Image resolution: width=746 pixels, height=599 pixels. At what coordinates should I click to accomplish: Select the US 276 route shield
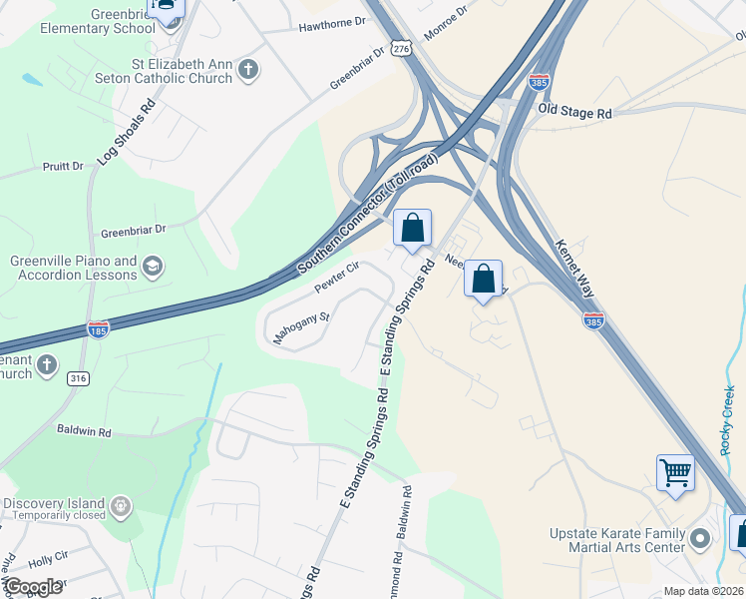(400, 48)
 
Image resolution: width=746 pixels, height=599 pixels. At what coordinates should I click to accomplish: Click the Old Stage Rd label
(574, 114)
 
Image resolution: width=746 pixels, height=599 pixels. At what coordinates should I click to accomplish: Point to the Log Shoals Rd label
(126, 131)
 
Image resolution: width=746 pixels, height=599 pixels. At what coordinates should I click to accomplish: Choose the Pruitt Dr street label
(64, 167)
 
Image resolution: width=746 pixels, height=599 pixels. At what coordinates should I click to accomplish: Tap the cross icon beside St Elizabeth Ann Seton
(248, 70)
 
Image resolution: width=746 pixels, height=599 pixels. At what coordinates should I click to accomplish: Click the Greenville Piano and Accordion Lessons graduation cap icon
(153, 267)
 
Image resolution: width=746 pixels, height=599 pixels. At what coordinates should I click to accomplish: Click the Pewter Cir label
(336, 276)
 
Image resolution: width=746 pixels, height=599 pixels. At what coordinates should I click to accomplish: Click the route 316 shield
(78, 379)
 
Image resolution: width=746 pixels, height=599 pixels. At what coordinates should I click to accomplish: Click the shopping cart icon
(675, 472)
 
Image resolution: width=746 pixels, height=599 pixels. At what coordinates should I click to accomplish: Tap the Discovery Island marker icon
(121, 505)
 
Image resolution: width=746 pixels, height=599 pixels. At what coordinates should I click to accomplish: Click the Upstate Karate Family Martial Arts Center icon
(700, 540)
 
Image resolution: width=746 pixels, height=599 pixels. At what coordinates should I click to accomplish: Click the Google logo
(32, 587)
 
